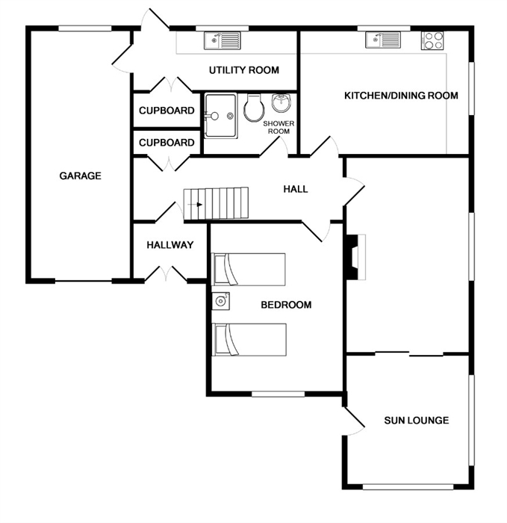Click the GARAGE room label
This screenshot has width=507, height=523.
pos(81,176)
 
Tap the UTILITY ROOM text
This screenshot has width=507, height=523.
pos(244,70)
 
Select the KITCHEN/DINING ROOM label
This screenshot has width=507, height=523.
pos(401,96)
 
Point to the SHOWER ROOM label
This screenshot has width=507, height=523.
pos(279,128)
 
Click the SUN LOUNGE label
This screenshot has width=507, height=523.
pos(417,420)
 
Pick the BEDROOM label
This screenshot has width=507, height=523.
pos(286,305)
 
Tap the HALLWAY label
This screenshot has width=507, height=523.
pos(170,245)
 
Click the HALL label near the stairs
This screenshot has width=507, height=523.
pos(296,190)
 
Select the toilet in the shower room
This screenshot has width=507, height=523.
pos(254,108)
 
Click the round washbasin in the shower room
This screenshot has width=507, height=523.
pos(282,103)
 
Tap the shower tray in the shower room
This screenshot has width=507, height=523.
pos(221,116)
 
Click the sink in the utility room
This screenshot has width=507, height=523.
pos(222,40)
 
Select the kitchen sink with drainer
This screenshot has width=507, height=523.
pos(383,40)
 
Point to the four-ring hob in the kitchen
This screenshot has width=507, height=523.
pos(432,40)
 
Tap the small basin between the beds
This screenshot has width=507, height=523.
pos(221,301)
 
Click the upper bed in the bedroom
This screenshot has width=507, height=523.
pos(249,270)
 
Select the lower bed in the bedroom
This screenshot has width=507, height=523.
pos(249,339)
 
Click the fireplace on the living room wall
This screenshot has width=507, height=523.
pos(355,257)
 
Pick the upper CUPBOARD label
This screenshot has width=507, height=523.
pos(167,111)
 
